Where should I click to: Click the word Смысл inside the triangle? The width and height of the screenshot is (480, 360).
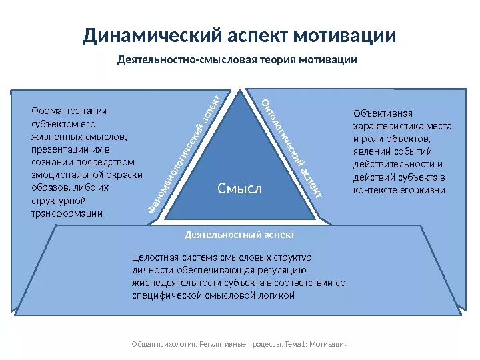(x=240, y=189)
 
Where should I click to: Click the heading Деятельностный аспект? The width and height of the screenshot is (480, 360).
(x=239, y=235)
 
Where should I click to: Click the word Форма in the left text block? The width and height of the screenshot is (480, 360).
(x=45, y=111)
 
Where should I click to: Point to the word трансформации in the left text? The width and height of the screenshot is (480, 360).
(x=67, y=213)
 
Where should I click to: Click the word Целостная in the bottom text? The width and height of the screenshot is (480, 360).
(x=154, y=257)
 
